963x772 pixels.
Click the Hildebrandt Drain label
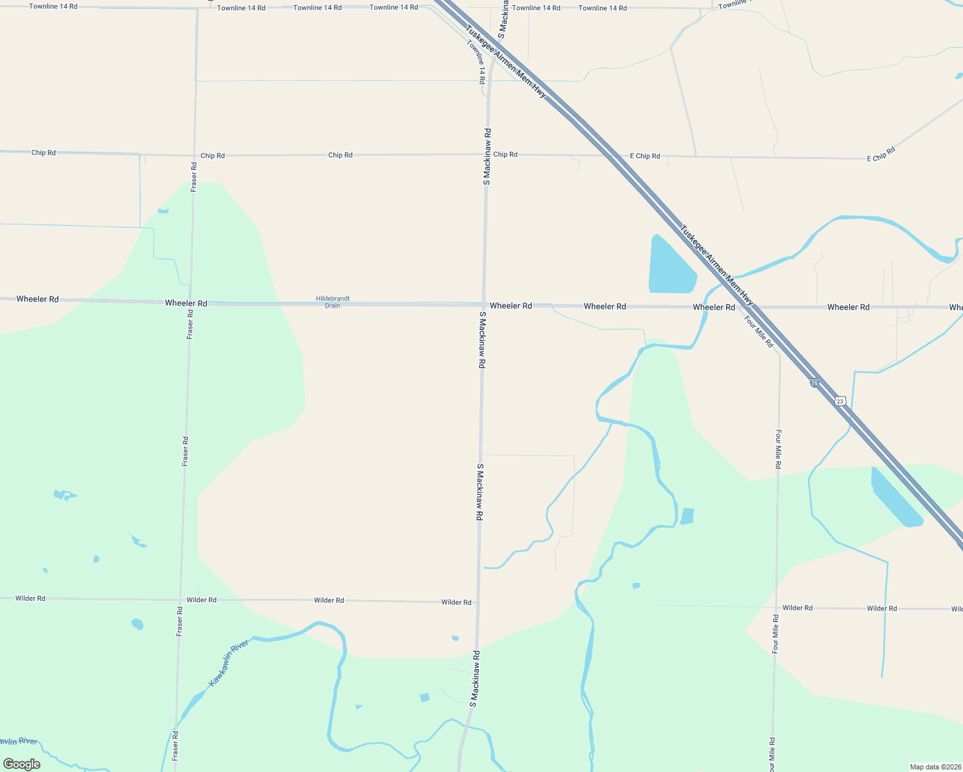click(x=332, y=302)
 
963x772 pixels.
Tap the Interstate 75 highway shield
click(x=814, y=383)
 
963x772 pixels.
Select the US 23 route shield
click(x=839, y=401)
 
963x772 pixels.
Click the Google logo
click(x=21, y=764)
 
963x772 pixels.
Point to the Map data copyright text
click(x=935, y=767)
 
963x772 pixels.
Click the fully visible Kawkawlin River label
click(x=229, y=663)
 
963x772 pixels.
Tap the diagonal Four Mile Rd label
click(x=759, y=331)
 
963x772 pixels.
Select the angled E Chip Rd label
click(x=881, y=154)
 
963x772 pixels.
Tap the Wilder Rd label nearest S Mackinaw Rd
click(x=456, y=602)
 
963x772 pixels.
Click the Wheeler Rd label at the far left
click(x=37, y=299)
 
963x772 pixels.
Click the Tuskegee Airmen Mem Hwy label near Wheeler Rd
click(x=716, y=264)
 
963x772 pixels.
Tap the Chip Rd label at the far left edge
click(x=43, y=152)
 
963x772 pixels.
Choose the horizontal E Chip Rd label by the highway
click(x=644, y=156)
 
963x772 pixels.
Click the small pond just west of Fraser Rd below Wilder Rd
click(x=137, y=623)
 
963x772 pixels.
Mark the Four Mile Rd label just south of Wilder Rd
click(x=776, y=634)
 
